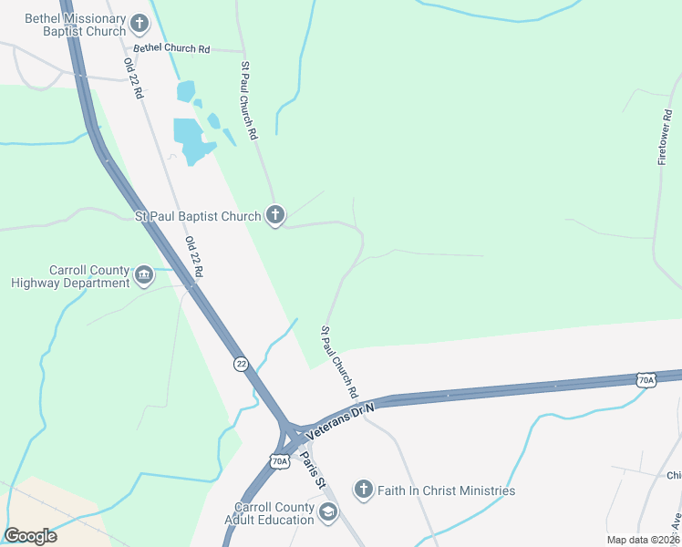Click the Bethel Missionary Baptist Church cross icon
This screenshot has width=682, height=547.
tap(139, 24)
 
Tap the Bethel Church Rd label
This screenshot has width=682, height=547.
tap(171, 47)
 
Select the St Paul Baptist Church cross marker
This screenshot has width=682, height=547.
tap(275, 216)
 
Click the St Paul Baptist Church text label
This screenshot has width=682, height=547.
tap(197, 216)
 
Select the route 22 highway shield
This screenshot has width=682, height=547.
tap(240, 363)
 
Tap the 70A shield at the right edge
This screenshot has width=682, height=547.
tap(646, 379)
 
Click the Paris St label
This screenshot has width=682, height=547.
tap(313, 470)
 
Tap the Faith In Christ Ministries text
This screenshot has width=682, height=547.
tap(448, 491)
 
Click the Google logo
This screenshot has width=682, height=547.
tap(30, 536)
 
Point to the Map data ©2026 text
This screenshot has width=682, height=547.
tap(644, 540)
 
